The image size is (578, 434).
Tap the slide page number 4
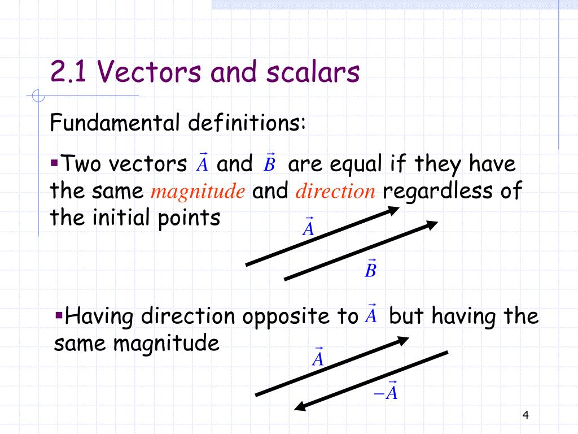coord(526,416)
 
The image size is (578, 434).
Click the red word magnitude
coord(198,192)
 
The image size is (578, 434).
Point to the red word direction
coord(335,192)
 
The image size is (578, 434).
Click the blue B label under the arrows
coord(370,270)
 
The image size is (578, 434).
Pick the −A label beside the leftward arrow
coord(387,392)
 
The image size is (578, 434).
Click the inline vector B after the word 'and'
coord(269,163)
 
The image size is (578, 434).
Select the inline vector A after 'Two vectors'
coord(202,163)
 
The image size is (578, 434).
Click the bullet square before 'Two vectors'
coord(54,163)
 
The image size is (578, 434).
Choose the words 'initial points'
coord(155,217)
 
